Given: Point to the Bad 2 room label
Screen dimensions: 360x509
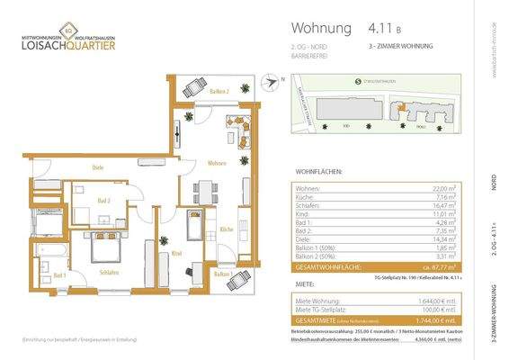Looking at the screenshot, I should pos(103,202).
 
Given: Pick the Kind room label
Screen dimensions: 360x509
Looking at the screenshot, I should pos(176,254).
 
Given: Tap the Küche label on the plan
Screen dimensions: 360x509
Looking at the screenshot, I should pos(226,229).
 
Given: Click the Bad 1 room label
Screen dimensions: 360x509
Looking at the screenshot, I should pos(59,275).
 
